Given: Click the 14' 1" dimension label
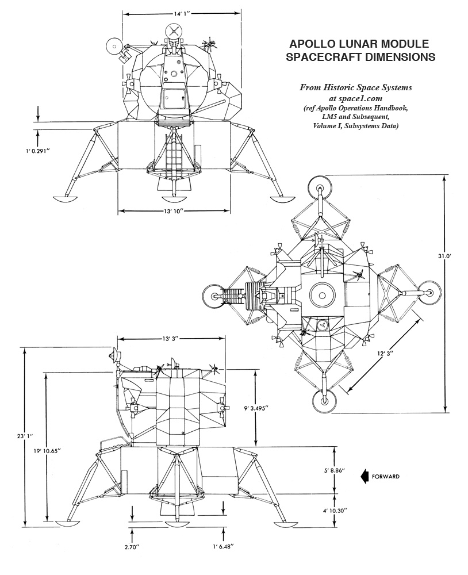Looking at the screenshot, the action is (182, 14).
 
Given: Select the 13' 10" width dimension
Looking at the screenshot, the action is (174, 211).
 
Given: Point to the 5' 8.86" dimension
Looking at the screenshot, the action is (334, 470).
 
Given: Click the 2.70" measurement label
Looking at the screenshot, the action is (132, 547).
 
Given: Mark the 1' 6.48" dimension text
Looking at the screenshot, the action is (223, 547).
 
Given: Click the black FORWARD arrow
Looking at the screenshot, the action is (365, 476).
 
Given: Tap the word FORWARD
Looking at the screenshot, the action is (385, 477).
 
